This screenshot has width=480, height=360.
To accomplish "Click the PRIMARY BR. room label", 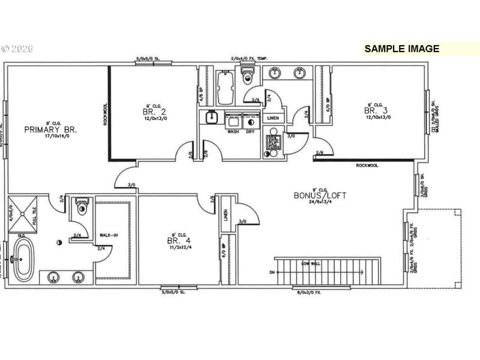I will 51,129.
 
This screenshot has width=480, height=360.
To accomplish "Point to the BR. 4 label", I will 176,241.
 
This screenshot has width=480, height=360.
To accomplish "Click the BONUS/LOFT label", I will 320,196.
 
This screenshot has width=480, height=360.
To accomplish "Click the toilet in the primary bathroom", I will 81,209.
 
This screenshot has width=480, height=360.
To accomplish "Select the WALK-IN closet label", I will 109,235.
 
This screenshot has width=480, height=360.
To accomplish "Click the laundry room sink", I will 211,118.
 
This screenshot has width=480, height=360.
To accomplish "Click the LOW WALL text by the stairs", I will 310,263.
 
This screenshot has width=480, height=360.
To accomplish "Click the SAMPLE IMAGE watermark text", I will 401,49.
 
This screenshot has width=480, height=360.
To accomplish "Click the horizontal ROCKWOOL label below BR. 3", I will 367,165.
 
